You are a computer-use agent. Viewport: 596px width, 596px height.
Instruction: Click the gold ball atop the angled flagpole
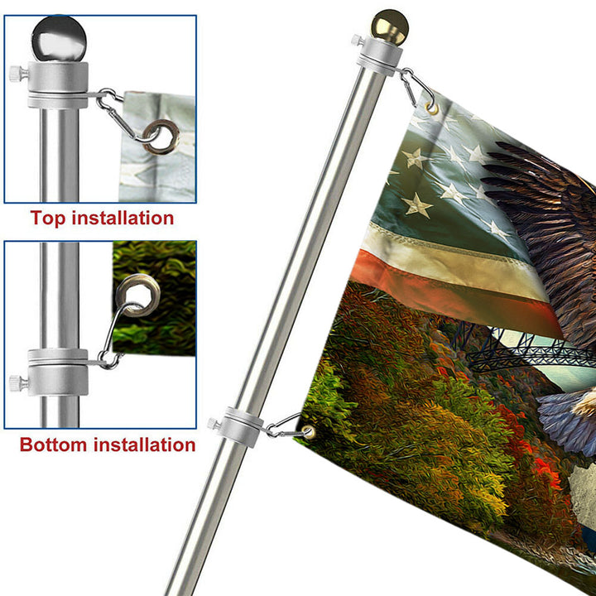(390, 26)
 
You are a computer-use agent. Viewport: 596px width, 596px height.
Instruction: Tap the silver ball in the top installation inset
(59, 38)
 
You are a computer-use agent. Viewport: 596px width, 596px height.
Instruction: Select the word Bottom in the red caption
(53, 445)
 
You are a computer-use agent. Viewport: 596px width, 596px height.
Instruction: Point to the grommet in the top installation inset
(161, 137)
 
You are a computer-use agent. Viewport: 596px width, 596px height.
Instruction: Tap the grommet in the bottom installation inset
(137, 296)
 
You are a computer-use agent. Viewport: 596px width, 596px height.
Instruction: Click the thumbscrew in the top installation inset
(18, 73)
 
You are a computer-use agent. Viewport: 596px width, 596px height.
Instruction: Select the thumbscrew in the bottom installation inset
(18, 383)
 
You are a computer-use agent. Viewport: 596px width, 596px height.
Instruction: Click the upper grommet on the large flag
(432, 108)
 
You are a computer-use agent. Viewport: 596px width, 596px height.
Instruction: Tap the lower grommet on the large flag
(308, 432)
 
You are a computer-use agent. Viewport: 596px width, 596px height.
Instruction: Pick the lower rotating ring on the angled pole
(243, 427)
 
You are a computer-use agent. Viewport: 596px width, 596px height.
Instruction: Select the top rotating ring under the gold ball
(379, 56)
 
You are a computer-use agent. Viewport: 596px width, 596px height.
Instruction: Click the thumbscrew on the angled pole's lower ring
(214, 424)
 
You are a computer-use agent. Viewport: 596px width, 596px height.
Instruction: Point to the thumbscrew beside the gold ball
(358, 40)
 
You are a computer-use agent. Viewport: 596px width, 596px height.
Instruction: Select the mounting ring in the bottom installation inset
(58, 372)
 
